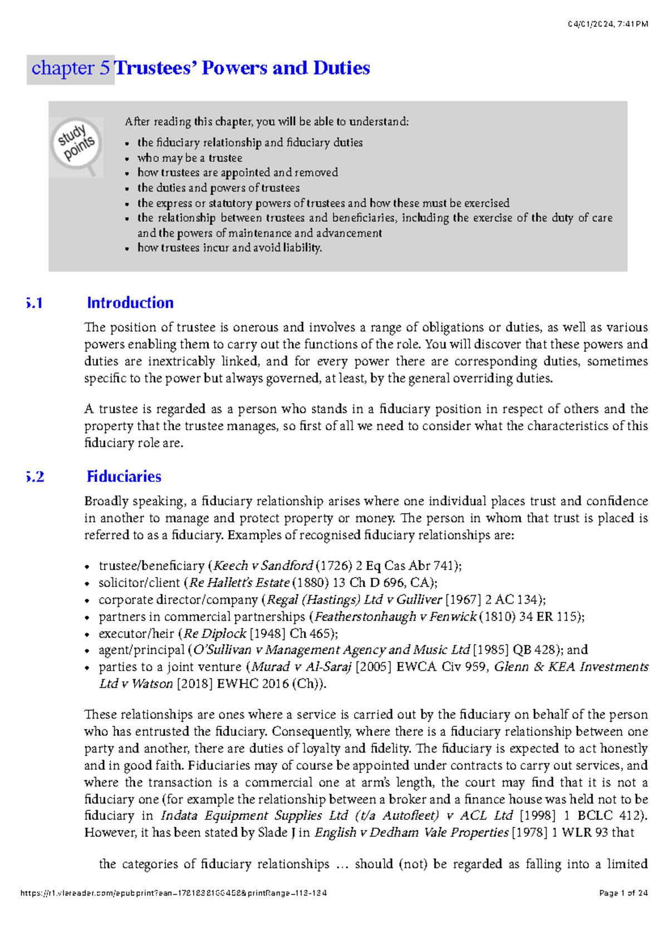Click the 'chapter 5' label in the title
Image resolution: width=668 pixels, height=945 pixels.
tap(71, 68)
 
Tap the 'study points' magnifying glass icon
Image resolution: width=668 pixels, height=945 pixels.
tap(76, 144)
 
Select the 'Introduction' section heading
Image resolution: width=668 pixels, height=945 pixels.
tap(130, 303)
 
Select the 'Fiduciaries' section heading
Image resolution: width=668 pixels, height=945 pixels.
tap(124, 476)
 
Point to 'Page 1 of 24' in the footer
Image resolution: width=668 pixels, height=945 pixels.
tap(623, 893)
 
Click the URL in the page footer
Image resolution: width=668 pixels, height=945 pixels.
tap(173, 893)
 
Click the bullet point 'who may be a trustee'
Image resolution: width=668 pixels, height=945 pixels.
tap(189, 158)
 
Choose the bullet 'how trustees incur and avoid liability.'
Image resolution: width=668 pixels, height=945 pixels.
tap(229, 248)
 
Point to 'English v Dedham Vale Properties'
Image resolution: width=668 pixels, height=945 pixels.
tap(411, 833)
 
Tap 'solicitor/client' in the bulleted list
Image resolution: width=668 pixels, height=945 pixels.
tap(139, 583)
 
